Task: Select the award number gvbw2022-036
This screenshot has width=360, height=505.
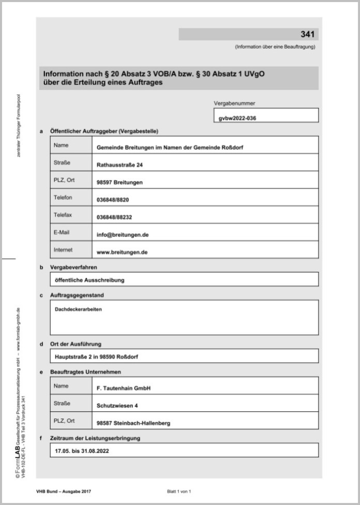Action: [x=237, y=118]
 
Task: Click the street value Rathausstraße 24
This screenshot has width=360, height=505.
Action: [x=119, y=165]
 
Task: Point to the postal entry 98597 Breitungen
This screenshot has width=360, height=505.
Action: [x=119, y=183]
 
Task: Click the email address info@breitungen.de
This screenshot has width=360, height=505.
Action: [x=123, y=234]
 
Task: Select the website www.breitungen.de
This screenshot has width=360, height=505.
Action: [x=122, y=252]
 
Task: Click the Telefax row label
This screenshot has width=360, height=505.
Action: [x=63, y=215]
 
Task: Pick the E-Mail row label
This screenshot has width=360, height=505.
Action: [x=62, y=232]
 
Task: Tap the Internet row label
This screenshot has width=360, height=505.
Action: [x=63, y=250]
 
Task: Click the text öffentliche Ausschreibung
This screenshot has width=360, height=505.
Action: [x=89, y=280]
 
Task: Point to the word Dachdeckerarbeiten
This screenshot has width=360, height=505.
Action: [x=78, y=309]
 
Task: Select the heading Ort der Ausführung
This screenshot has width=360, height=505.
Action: [x=76, y=344]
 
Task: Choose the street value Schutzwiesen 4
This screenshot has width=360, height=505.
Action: [x=117, y=406]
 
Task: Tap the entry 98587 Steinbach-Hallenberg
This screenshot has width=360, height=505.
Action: [x=133, y=423]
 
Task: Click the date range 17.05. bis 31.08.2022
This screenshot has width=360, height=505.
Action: [x=82, y=451]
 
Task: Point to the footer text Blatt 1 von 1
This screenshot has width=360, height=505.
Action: [x=179, y=491]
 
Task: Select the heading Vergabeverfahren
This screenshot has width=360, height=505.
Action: [x=73, y=268]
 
